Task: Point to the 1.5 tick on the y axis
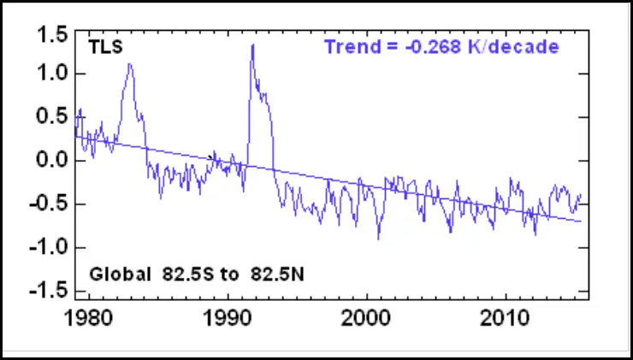(x=51, y=34)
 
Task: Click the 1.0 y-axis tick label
(x=51, y=74)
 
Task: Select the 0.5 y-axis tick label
(x=51, y=117)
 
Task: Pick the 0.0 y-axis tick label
(x=51, y=161)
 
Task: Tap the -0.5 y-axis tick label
(x=48, y=204)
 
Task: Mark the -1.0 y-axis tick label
(x=48, y=248)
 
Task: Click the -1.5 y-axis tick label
(x=48, y=291)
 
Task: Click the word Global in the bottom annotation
(x=121, y=275)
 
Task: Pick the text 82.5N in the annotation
(x=276, y=275)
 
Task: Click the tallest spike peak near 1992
(x=252, y=44)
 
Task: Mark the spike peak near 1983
(x=129, y=63)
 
